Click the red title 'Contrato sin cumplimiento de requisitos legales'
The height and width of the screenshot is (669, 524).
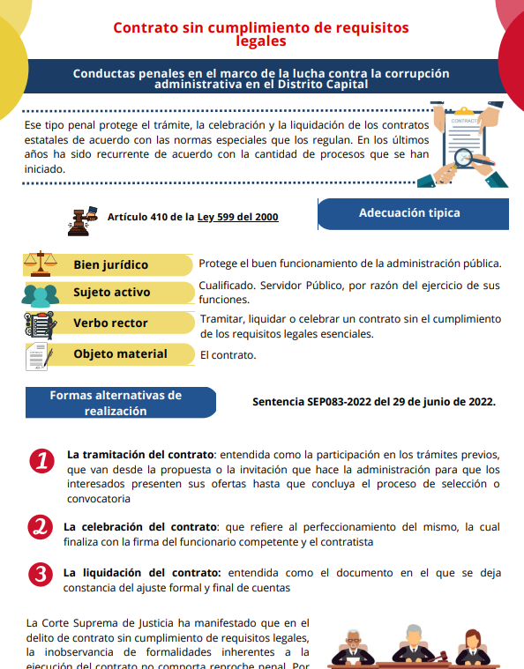[261, 33]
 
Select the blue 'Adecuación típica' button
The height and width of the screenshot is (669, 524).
[409, 213]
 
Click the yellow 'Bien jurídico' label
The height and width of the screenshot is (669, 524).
[111, 264]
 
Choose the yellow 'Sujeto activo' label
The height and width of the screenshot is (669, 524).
[112, 292]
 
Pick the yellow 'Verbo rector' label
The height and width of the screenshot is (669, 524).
[111, 323]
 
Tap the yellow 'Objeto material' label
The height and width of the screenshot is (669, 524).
[120, 353]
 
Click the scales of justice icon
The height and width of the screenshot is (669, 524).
[41, 264]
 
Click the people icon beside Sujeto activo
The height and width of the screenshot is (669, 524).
[41, 294]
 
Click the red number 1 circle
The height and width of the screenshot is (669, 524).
[41, 462]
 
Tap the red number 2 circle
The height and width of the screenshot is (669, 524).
[41, 528]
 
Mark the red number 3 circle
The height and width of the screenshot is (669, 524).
[41, 574]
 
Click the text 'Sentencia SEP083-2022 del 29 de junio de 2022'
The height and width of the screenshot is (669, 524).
[373, 402]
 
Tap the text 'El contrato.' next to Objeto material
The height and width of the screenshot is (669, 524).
[228, 355]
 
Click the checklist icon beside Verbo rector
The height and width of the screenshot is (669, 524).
[41, 324]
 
